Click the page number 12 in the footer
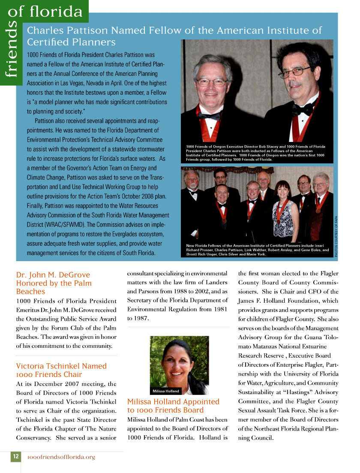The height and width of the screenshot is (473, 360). pos(15,457)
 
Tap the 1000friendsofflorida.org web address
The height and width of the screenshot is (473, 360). pos(61,457)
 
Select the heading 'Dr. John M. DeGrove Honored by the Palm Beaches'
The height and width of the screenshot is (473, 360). pos(53,283)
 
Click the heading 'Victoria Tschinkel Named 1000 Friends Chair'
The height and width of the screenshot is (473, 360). pos(61,370)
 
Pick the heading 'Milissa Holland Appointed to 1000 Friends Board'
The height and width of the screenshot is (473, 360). pos(173,406)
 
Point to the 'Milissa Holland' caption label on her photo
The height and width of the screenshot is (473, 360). pos(166,391)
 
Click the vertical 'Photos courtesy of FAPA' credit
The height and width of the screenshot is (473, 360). pos(336,236)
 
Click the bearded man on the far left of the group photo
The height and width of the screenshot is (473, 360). pos(193,189)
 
